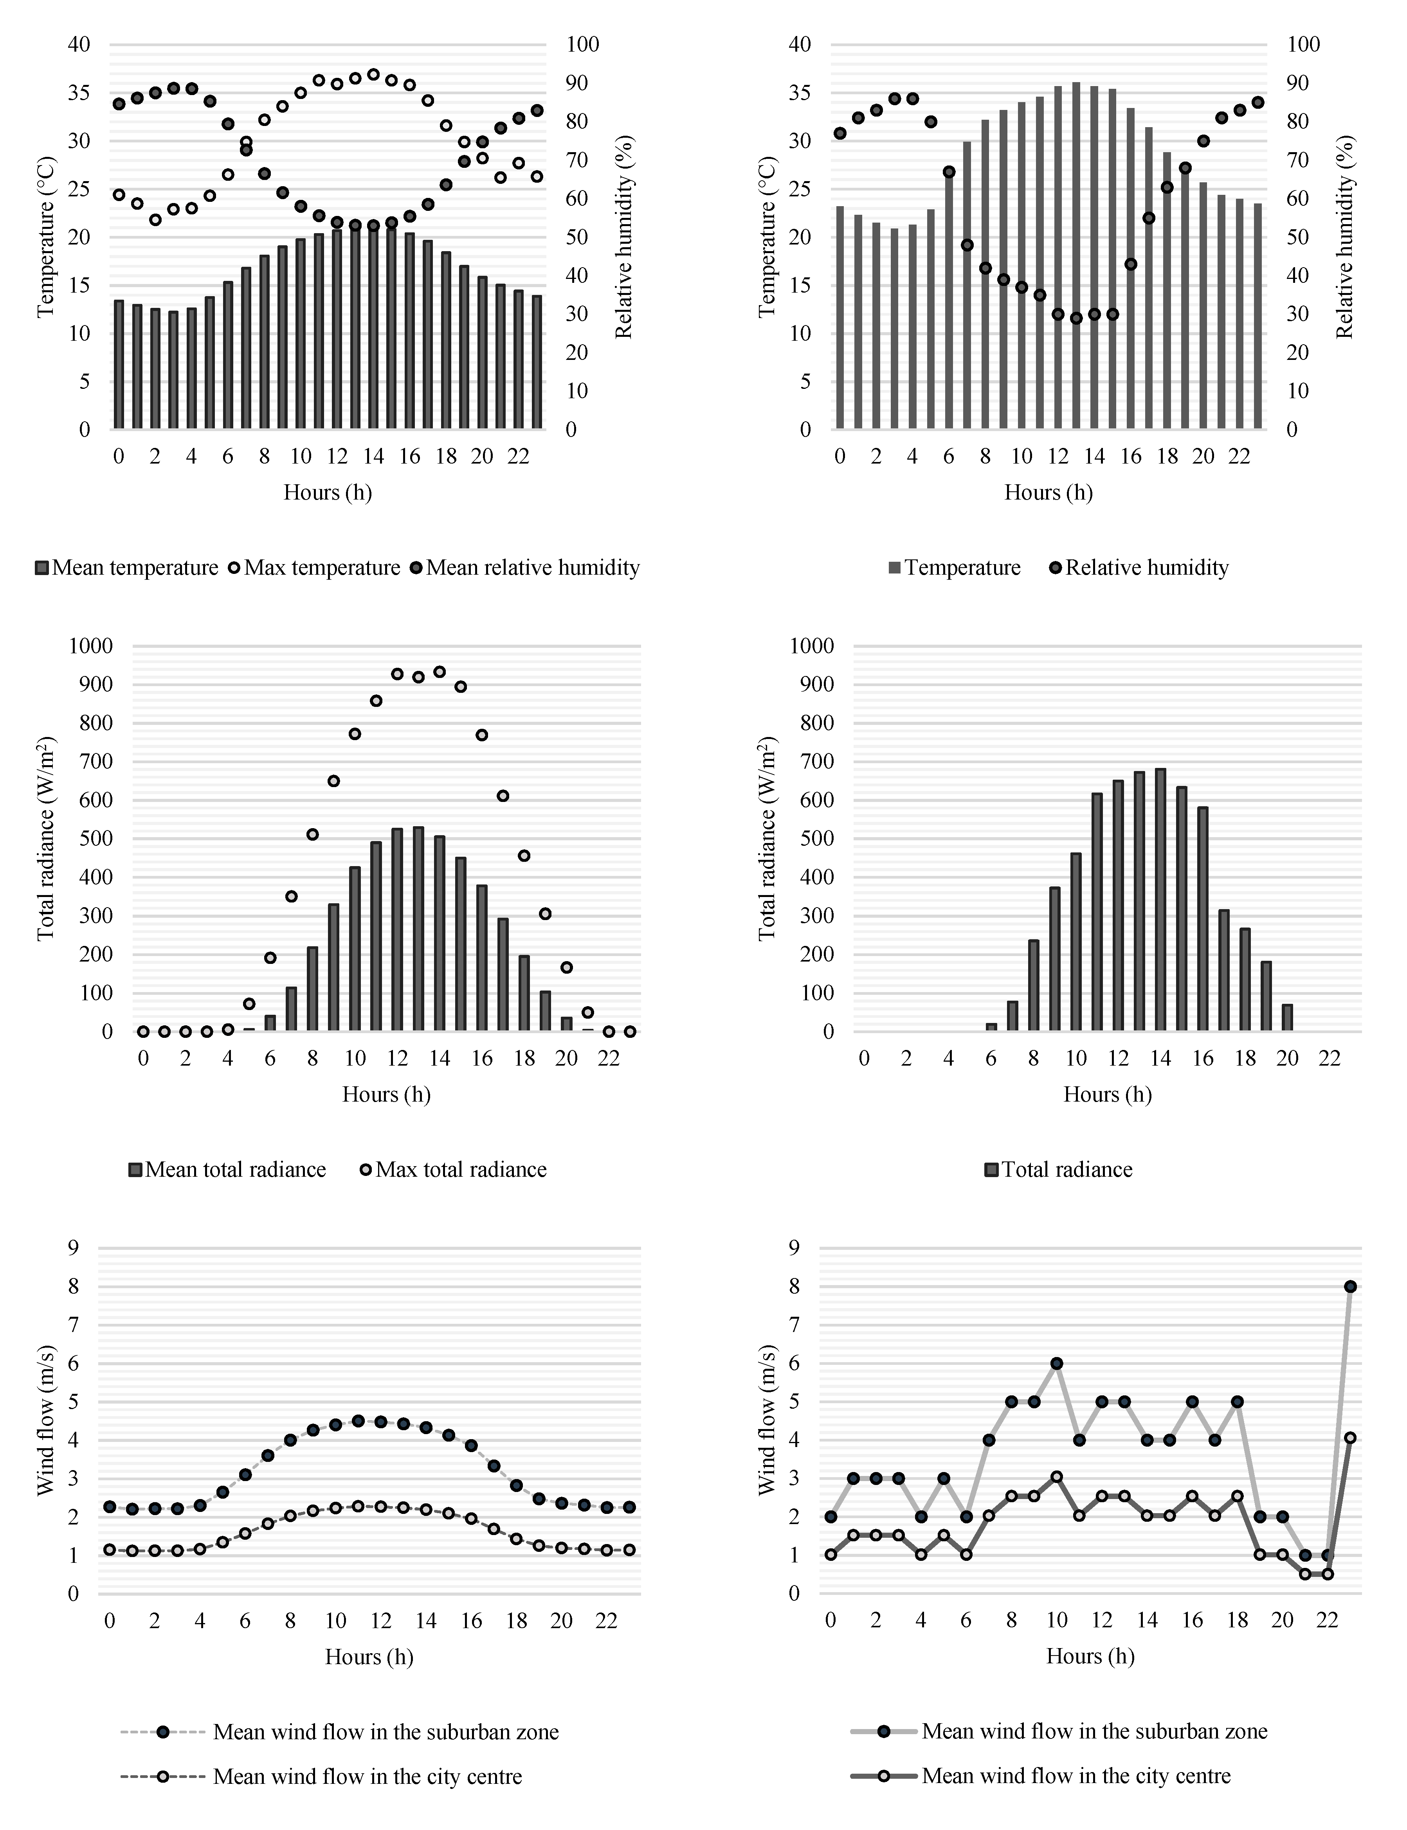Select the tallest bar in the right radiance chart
pos(1160,900)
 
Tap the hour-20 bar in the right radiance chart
pos(1287,1017)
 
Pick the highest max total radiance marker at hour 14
pos(439,671)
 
